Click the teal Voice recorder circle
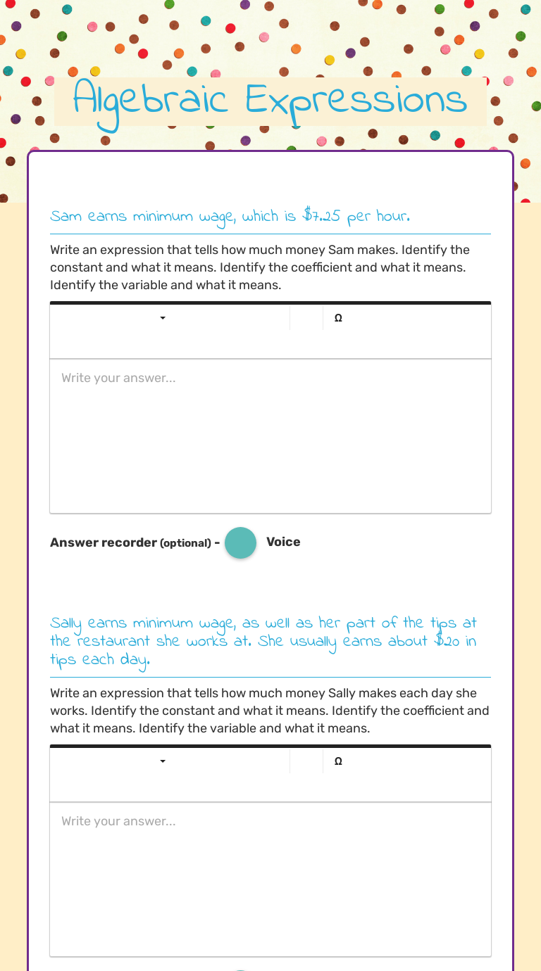click(x=240, y=542)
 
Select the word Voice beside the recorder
click(x=283, y=542)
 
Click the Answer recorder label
click(x=104, y=542)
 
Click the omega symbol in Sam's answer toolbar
click(x=338, y=318)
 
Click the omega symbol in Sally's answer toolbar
click(x=338, y=761)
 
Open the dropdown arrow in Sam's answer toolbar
click(x=163, y=318)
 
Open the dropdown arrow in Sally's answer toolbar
click(x=163, y=761)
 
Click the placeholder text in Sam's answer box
click(x=118, y=378)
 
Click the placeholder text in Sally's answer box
click(x=118, y=821)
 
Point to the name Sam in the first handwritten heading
click(x=66, y=217)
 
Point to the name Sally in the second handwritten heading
click(x=66, y=624)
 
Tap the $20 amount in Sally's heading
click(x=447, y=642)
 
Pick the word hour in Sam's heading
click(x=392, y=217)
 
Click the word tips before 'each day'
click(x=63, y=661)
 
